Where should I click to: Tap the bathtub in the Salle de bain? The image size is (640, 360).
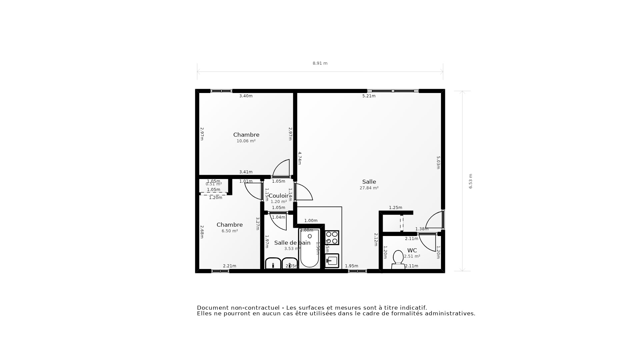click(x=309, y=248)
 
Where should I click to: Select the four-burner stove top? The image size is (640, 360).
click(x=332, y=238)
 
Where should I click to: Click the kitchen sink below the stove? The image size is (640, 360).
click(x=332, y=261)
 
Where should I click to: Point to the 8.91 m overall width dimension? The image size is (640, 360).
click(x=320, y=63)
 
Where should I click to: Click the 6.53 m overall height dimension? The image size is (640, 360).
click(x=471, y=181)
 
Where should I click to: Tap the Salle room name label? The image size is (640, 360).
click(x=369, y=182)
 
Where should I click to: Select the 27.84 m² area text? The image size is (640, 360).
click(x=369, y=188)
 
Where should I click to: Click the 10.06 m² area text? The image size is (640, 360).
click(x=246, y=141)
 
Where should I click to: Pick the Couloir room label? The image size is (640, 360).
click(x=278, y=196)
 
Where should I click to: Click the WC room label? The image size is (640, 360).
click(x=412, y=250)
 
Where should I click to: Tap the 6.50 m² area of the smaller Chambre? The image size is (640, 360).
click(x=230, y=231)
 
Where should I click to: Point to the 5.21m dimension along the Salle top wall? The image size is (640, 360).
click(x=369, y=96)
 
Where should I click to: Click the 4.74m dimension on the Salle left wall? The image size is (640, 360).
click(x=299, y=158)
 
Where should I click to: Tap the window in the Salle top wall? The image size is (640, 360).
click(x=393, y=91)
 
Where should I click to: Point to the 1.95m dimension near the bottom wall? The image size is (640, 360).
click(x=351, y=266)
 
